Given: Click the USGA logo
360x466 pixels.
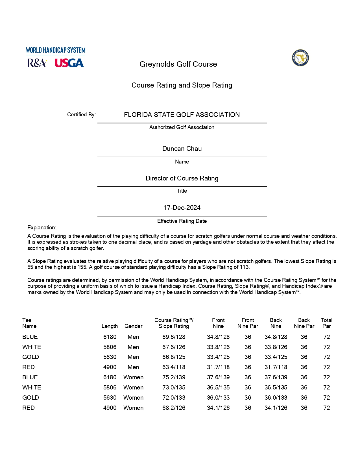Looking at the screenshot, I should pos(69,63).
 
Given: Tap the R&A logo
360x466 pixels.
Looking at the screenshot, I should pos(37,63).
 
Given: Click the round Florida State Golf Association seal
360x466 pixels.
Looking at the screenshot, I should pos(300,58).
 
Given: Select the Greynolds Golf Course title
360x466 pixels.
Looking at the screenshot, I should pos(178,64).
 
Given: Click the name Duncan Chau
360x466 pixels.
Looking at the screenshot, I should pos(182,149).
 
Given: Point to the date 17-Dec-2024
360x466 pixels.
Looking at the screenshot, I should pos(182,208).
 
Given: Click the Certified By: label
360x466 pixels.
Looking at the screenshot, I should pos(81,115).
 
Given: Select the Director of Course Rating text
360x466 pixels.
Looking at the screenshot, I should pos(182,178).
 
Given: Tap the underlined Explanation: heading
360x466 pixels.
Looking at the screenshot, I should pos(42,228).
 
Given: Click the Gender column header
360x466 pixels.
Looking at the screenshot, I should pos(133,326).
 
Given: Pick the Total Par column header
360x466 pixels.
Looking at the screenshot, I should pos(326,323).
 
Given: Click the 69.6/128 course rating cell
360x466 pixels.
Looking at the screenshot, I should pos(174,337).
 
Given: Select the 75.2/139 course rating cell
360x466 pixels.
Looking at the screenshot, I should pos(174,377).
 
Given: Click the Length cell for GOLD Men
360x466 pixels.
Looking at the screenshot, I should pos(110,357).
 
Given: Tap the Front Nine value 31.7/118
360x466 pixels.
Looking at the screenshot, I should pos(218,367).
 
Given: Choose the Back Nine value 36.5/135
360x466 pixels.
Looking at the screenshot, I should pos(276,387).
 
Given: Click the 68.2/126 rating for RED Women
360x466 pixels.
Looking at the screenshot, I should pos(174,408).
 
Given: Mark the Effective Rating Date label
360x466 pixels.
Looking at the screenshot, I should pos(182,221).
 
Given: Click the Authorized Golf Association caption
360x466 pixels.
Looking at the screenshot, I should pos(182,127).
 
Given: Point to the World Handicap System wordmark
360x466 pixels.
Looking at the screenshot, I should pos(56,50).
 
